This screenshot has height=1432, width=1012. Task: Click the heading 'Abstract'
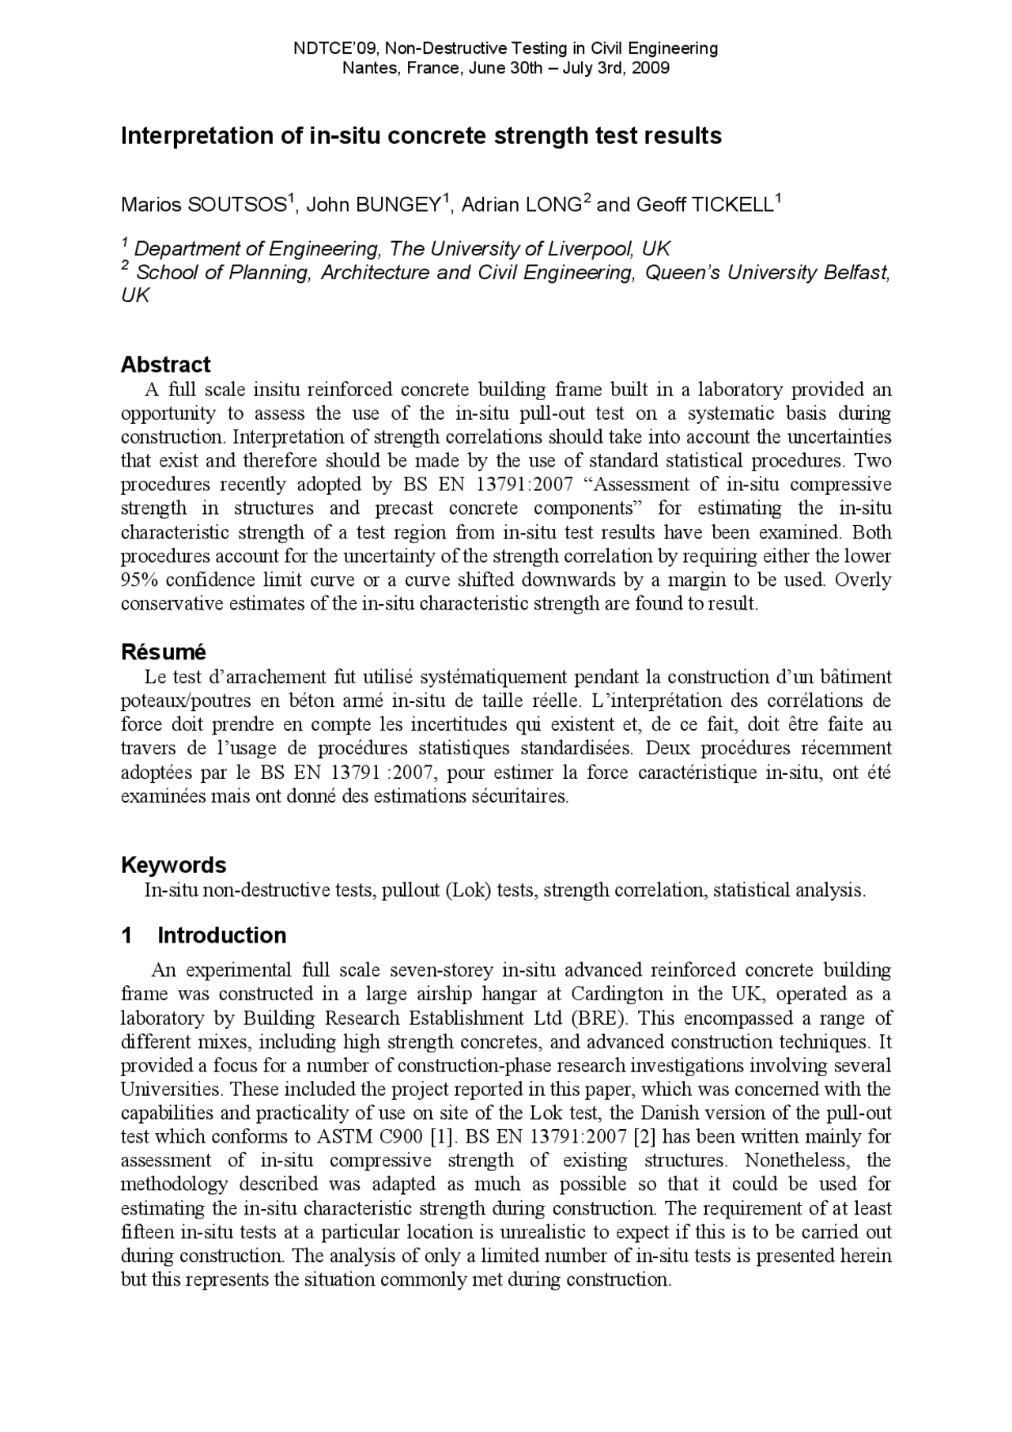point(165,365)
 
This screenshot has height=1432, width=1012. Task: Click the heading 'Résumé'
point(163,652)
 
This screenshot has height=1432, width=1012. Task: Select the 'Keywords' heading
point(173,865)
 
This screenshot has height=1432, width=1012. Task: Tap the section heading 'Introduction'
point(221,935)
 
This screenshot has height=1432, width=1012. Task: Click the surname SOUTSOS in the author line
point(237,206)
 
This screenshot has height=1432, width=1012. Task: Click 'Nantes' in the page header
point(362,68)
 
